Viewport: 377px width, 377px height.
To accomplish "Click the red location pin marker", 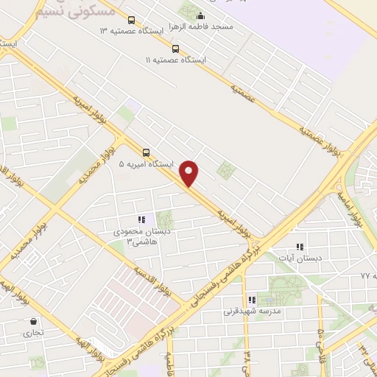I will point(190,172).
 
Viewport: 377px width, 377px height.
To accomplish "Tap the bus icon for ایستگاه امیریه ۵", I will point(146,152).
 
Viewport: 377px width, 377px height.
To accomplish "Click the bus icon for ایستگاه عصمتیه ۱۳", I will point(131,21).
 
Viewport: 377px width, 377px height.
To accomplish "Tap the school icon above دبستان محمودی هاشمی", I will point(141,219).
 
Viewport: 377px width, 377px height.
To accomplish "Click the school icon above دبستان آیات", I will point(298,247).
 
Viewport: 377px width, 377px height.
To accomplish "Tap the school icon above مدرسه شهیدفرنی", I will point(252,300).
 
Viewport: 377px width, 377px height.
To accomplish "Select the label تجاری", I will point(33,333).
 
